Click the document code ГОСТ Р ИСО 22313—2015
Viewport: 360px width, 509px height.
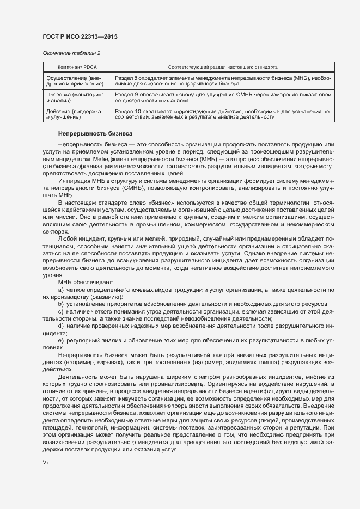[80, 37]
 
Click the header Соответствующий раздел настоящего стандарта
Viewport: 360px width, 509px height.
[224, 67]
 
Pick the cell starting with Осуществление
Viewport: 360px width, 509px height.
[74, 82]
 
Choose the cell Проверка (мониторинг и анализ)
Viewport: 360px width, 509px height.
[74, 97]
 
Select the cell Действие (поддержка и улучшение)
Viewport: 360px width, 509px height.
[74, 114]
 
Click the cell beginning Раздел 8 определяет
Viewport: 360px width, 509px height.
[223, 82]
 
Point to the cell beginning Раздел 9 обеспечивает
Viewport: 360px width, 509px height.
[223, 97]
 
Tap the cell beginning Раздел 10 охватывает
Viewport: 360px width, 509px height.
[223, 114]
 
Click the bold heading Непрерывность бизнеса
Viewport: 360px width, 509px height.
[91, 133]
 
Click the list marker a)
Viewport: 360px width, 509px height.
[61, 290]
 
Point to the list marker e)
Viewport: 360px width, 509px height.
[61, 339]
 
